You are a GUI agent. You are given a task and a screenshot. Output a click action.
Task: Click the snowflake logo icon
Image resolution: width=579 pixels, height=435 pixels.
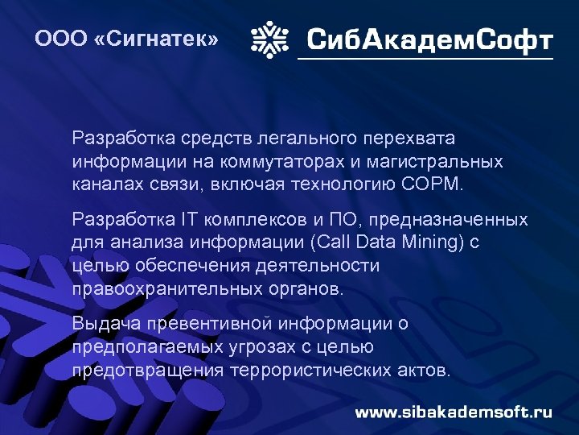pyautogui.click(x=270, y=38)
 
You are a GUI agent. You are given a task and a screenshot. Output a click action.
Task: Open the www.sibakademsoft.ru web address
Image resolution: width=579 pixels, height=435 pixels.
pyautogui.click(x=454, y=412)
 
